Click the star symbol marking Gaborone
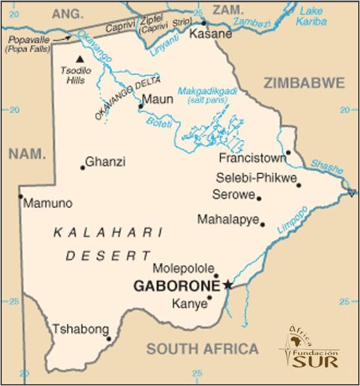coord(228,284)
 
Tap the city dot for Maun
coord(141,107)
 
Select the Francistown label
coord(252,157)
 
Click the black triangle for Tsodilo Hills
coord(80,58)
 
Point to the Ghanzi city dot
coord(83,168)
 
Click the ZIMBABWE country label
coord(303,83)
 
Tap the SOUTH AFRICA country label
coord(202,349)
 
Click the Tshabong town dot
coord(109,338)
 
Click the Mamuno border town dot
coord(21,196)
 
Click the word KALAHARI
coord(107,232)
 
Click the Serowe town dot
coord(259,198)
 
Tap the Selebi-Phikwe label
coord(256,178)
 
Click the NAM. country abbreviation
coord(27,153)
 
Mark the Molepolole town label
coord(182,269)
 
